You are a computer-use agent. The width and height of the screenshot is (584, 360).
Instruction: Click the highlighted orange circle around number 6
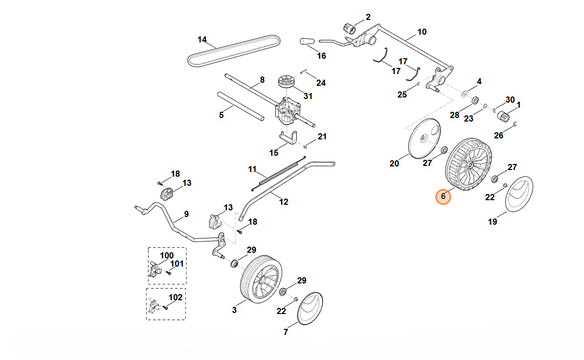443,197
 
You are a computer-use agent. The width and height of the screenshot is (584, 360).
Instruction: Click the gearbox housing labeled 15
289,138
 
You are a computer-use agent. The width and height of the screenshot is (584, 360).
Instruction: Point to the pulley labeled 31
287,82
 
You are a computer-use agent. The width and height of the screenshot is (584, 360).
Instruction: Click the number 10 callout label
422,32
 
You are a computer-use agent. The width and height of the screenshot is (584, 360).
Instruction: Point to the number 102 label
175,297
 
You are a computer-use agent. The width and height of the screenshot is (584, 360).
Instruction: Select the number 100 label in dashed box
167,255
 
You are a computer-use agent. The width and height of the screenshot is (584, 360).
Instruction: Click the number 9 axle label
186,214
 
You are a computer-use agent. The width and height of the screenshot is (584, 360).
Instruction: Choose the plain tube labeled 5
241,106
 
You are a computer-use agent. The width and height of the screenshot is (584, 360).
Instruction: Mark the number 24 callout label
321,83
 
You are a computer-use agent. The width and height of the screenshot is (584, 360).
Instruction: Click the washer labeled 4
465,94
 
